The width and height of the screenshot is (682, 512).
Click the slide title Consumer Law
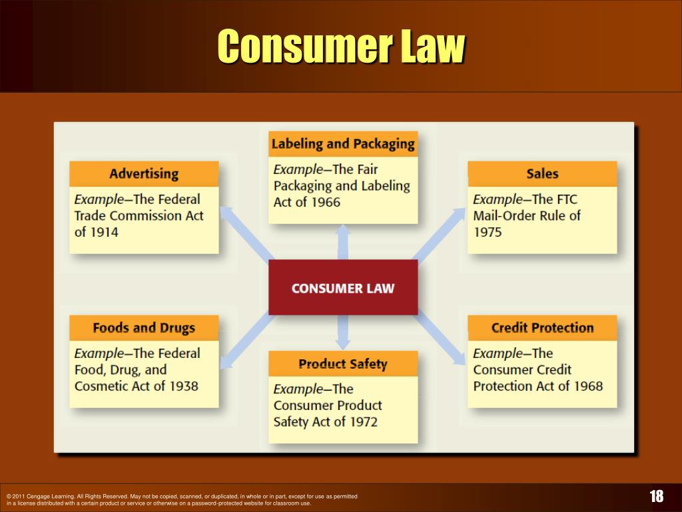click(x=341, y=47)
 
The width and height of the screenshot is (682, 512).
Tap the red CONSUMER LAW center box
click(x=343, y=288)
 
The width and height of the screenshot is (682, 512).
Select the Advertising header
click(x=144, y=174)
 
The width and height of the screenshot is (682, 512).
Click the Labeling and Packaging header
click(x=343, y=143)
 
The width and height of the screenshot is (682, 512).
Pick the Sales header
click(x=542, y=174)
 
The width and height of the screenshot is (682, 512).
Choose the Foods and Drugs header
click(x=144, y=327)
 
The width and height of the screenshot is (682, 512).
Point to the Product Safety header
click(x=343, y=364)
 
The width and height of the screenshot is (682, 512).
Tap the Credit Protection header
click(x=542, y=327)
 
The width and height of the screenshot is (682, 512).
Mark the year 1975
click(x=488, y=232)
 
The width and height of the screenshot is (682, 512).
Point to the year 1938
click(x=183, y=386)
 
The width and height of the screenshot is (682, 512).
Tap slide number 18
click(x=657, y=496)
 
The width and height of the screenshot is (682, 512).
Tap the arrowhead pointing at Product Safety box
click(x=343, y=345)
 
